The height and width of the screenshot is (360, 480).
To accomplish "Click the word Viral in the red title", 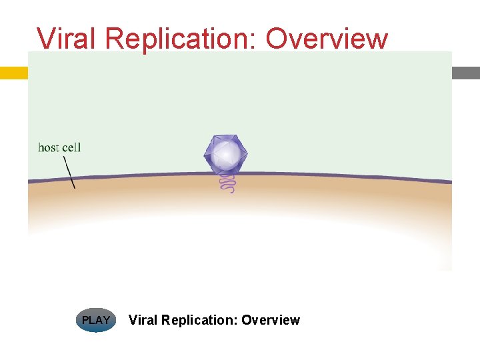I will [66, 39].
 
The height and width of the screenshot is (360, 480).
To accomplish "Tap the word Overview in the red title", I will [327, 39].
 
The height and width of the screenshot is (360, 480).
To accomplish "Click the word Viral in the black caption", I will [142, 320].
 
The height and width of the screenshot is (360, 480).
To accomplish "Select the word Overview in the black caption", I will [271, 320].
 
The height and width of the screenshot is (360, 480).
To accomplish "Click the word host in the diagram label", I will [49, 147].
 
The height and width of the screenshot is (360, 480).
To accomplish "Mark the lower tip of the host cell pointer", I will [75, 188].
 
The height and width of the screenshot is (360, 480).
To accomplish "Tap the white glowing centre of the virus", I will [227, 155].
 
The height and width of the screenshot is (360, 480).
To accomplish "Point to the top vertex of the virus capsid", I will [224, 135].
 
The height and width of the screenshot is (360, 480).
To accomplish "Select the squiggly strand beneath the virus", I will [227, 184].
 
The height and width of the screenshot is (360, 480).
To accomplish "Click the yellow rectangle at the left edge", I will [13, 73].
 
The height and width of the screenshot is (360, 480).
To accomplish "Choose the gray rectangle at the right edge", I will [466, 73].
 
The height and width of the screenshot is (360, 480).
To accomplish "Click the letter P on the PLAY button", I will [85, 320].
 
